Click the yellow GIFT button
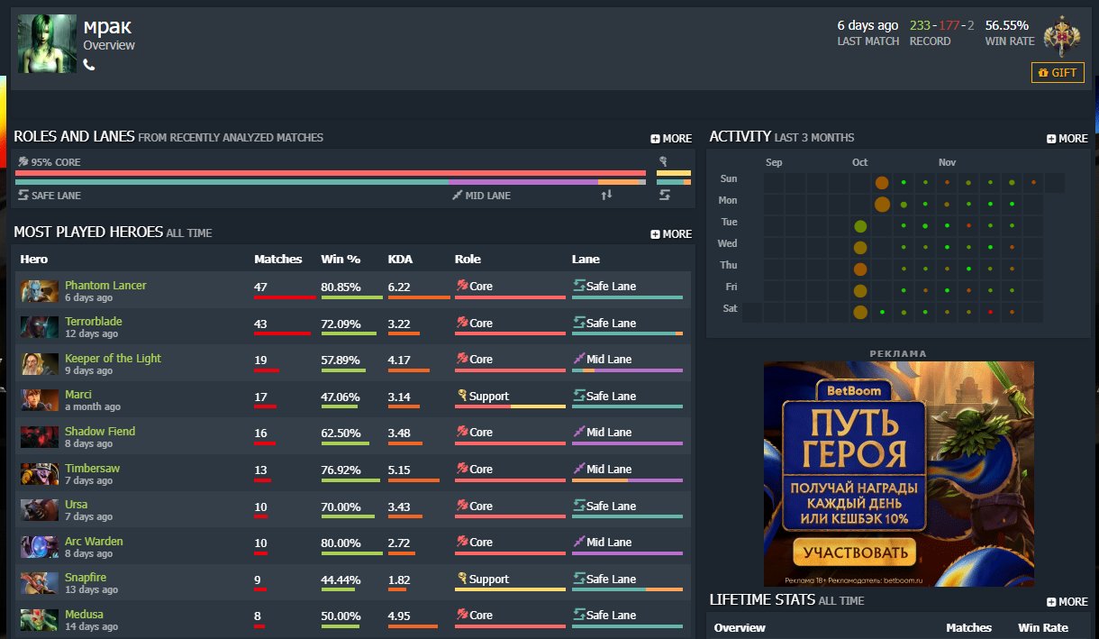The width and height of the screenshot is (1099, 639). (1058, 72)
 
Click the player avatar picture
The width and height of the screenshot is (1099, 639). (47, 44)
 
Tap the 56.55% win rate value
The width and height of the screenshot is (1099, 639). (1006, 25)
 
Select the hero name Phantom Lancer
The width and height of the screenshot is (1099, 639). (105, 286)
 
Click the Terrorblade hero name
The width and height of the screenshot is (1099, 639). (94, 322)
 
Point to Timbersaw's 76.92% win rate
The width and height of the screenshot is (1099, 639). (341, 470)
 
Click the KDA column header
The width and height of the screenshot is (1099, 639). (400, 259)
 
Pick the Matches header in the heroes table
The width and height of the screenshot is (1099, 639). (278, 259)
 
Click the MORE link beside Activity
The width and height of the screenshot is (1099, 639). (1067, 139)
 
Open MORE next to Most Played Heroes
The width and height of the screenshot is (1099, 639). (671, 234)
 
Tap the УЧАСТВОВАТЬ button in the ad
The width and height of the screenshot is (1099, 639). (853, 552)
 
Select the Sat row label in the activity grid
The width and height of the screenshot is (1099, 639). (730, 308)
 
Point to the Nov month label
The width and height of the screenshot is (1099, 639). (947, 162)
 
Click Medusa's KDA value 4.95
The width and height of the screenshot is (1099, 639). (399, 616)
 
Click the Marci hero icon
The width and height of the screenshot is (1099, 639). (40, 400)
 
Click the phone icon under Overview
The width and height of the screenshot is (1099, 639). (89, 65)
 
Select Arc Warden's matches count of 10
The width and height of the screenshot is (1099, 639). (260, 543)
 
